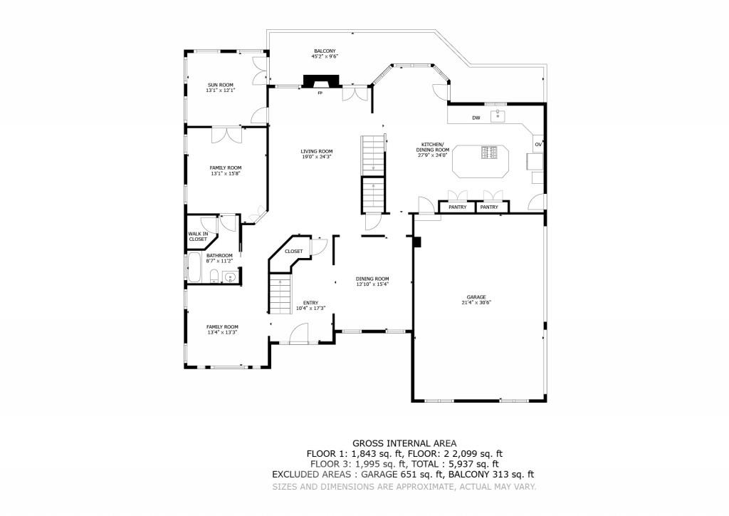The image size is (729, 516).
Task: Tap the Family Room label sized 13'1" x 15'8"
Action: [220, 170]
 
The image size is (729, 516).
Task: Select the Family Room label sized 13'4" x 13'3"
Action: [222, 329]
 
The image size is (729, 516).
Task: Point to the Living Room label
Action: [316, 154]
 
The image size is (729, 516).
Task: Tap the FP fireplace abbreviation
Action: [320, 93]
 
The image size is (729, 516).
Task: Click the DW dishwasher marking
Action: [476, 118]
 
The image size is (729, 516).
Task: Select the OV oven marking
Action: [538, 145]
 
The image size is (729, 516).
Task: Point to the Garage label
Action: [476, 299]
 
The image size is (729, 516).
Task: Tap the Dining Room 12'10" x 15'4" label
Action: [372, 282]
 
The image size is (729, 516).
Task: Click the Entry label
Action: [310, 305]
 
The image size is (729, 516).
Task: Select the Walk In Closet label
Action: [198, 237]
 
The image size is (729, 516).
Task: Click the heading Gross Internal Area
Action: [404, 443]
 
